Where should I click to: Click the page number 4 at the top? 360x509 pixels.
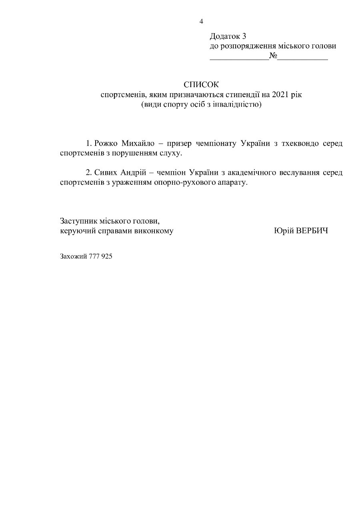201,21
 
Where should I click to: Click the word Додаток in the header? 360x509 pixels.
223,36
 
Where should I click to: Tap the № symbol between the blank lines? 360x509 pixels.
274,56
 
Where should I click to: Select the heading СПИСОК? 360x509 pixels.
202,85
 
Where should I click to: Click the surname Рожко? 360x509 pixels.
106,143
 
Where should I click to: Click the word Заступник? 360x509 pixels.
78,221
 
